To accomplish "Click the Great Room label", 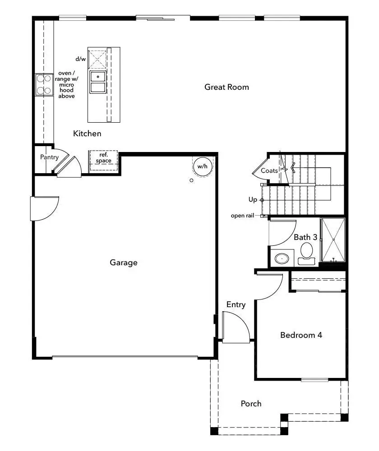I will coord(226,87).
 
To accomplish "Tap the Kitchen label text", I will coord(87,133).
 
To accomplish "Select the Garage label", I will coord(123,262).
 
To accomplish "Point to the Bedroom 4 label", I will coord(301,335).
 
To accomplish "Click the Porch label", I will coord(251,403).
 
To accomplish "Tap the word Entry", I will coord(236,305).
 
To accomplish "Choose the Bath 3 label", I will coord(305,237).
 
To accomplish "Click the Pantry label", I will coord(49,157).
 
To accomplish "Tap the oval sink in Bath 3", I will coord(282,259).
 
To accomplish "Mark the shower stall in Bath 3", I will coord(333,240).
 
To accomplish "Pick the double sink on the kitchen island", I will coord(97,82).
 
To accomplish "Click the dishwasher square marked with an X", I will coord(97,58).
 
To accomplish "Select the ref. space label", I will coord(103,158).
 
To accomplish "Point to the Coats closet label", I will coord(269,171).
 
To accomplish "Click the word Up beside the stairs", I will coord(253,199).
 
